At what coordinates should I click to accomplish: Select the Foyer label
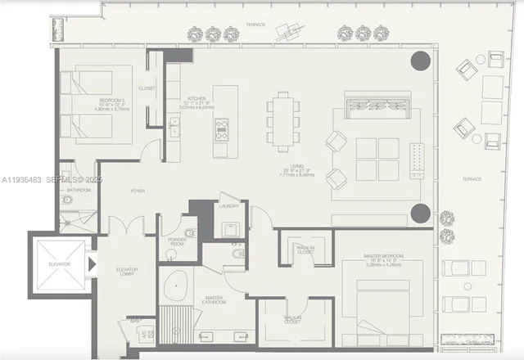point(138,191)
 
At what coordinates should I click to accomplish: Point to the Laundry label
point(229,206)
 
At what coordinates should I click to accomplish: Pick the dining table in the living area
point(283,120)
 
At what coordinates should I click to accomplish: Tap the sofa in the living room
point(378,107)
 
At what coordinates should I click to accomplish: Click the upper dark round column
point(420,62)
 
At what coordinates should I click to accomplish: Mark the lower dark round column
point(420,214)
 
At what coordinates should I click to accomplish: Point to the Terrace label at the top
point(255,26)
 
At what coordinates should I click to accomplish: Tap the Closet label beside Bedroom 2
point(147,88)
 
